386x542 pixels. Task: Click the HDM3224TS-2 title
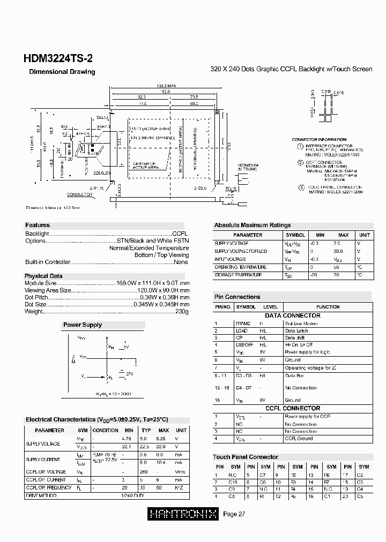tap(54, 59)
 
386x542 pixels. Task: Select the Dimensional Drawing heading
tap(62, 72)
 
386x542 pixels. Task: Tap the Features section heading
tap(38, 225)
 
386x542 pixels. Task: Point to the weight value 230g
tap(182, 312)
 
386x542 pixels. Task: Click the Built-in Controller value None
tap(181, 262)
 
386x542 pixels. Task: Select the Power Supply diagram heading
tap(82, 325)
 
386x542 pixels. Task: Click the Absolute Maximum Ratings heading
tap(253, 225)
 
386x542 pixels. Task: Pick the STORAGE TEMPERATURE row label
tap(238, 275)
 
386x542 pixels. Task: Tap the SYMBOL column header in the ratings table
tap(295, 235)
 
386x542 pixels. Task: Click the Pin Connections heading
tap(237, 297)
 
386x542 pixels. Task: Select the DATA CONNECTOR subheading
tap(292, 315)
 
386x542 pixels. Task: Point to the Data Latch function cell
tap(296, 331)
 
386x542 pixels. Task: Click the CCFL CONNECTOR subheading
tap(292, 409)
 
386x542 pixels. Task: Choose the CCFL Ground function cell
tap(299, 439)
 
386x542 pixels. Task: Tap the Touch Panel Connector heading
tap(246, 457)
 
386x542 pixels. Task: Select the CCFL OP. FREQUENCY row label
tap(48, 488)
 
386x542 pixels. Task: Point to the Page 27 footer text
tap(234, 515)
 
